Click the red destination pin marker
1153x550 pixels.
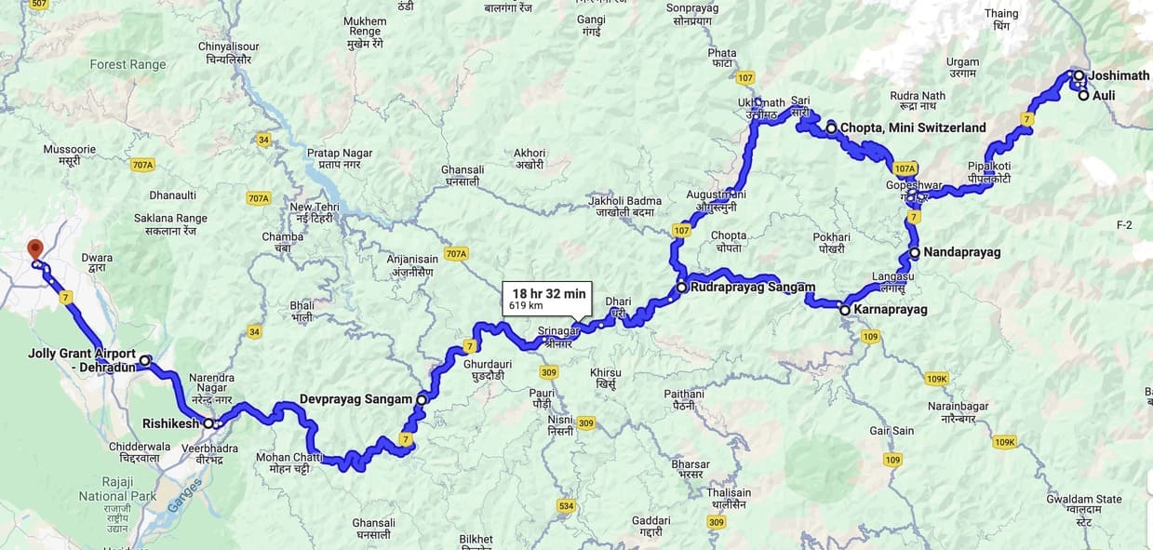[35, 249]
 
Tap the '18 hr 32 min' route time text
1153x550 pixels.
[548, 293]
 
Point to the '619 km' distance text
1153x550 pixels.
[526, 305]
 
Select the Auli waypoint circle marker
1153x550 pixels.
[1084, 95]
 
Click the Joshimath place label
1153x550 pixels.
[1119, 75]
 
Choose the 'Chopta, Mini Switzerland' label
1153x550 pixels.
[912, 127]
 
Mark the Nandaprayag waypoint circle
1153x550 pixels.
[915, 252]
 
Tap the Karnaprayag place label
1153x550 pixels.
[891, 309]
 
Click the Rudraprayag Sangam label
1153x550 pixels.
[753, 288]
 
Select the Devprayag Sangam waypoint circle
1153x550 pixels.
[422, 399]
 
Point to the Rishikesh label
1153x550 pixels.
[170, 423]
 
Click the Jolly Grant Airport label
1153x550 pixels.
[82, 360]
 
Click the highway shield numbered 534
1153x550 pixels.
[566, 505]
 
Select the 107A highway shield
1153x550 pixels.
[905, 168]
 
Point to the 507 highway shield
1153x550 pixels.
[38, 5]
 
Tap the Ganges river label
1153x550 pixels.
[185, 494]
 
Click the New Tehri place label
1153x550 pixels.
[313, 207]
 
